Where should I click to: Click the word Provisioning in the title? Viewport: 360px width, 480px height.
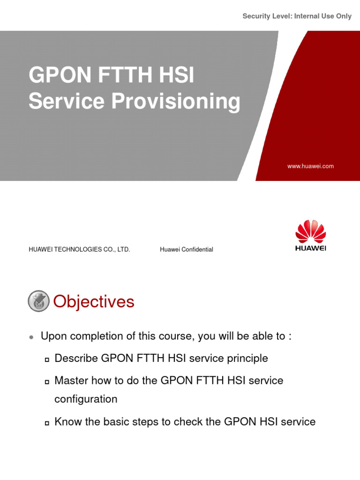(x=176, y=102)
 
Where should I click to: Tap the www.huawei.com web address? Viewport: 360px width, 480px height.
(x=310, y=166)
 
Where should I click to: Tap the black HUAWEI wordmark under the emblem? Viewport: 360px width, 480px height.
(x=310, y=248)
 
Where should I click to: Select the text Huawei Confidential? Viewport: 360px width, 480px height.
(x=186, y=249)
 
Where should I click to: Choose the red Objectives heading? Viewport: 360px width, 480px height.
(x=94, y=302)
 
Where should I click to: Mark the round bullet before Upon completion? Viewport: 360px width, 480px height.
(x=31, y=337)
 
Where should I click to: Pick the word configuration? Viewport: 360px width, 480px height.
(x=86, y=399)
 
